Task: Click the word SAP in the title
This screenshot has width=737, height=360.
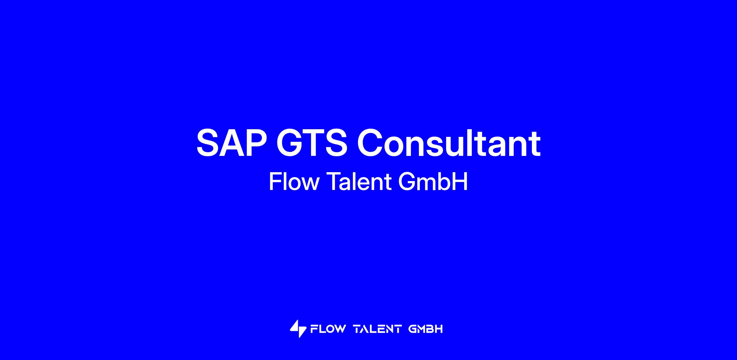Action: tap(232, 143)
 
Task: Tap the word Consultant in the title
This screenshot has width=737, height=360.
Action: tap(449, 142)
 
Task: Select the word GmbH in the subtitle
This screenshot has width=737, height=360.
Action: tap(433, 182)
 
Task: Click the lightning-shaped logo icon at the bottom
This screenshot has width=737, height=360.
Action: tap(298, 329)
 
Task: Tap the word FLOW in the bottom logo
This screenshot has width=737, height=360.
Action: tap(328, 329)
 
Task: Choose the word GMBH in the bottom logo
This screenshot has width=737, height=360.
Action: tap(426, 329)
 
